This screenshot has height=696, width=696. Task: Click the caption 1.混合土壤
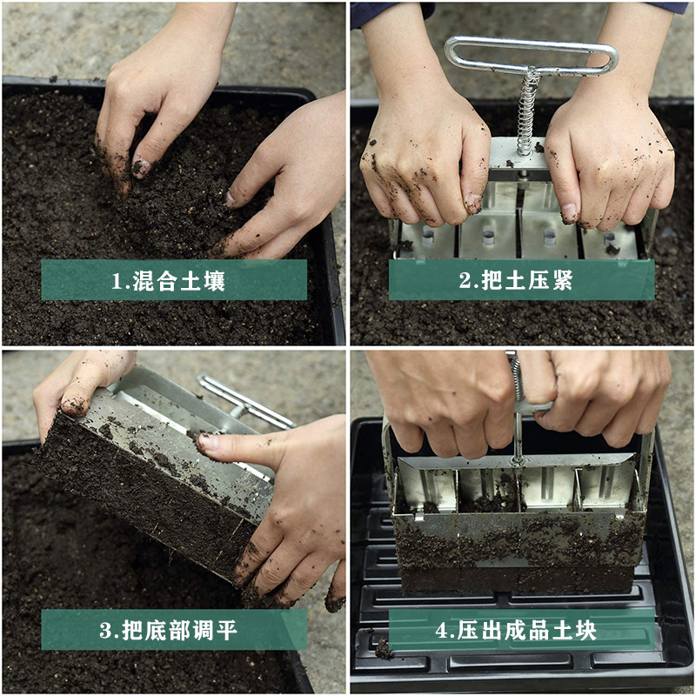coord(174,280)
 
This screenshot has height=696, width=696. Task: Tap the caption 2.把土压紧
coord(521,280)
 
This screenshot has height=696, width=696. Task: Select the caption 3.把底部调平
coord(174,629)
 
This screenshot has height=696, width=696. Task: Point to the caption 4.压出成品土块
coord(521,629)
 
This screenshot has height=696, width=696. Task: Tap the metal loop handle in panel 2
coord(531,55)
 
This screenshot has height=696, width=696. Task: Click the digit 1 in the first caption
coord(117,281)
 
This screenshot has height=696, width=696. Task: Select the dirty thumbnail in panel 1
coord(140,166)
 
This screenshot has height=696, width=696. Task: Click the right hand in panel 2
coord(609,157)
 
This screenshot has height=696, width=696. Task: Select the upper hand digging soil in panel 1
coord(157,96)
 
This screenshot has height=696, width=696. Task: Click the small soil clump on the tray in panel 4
coord(384,648)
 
